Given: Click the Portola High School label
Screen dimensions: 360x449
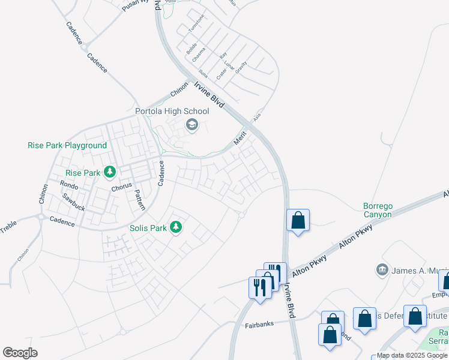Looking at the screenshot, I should point(172,111).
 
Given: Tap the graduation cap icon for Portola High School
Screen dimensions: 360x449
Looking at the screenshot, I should point(192,125).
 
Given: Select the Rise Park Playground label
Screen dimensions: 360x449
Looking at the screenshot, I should point(67,145).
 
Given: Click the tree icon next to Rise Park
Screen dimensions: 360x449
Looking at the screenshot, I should point(110,173).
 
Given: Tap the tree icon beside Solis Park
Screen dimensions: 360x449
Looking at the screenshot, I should point(176,227).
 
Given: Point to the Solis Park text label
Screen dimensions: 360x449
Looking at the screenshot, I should point(148,228).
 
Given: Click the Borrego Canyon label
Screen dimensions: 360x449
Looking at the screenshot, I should point(378,210).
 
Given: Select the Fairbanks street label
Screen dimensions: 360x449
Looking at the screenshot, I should point(259,325).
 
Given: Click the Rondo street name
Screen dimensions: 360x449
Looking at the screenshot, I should point(69,185).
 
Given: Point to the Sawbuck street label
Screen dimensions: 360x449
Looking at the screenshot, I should point(74,197).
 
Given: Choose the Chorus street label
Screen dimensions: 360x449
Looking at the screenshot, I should point(121,187).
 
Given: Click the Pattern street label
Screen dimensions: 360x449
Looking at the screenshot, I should point(139,200).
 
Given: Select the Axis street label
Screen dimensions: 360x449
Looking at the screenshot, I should point(258,115).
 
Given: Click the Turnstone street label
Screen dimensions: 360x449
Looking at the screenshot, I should point(196,23).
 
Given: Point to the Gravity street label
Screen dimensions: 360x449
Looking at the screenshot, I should point(241,67).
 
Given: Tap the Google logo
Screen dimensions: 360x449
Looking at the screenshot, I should point(20,353).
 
